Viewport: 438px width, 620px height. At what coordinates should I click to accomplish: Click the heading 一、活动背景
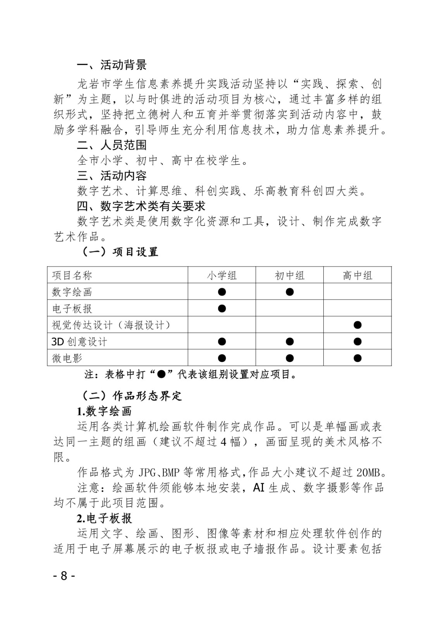coord(112,65)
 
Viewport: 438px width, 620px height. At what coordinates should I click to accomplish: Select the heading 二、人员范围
coord(112,145)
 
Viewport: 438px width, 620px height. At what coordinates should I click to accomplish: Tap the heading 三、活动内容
coord(112,176)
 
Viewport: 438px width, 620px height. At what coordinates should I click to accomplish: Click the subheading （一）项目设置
coord(120,252)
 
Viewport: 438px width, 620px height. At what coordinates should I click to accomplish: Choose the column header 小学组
coord(222,276)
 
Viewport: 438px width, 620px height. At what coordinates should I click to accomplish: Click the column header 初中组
coord(289,276)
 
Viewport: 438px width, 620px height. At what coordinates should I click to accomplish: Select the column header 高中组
coord(357,276)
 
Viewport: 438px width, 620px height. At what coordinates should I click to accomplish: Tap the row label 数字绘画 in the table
coord(72,292)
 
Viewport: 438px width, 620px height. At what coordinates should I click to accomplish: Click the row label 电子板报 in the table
coord(72,308)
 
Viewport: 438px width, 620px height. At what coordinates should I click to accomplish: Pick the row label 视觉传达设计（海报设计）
coord(112,325)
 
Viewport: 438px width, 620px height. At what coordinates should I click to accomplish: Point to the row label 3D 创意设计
coord(79,341)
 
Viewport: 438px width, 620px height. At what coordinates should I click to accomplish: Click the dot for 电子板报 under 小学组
coord(222,308)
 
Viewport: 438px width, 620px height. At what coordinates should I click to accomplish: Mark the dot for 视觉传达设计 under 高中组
coord(357,325)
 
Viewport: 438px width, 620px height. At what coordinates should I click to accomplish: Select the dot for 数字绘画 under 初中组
coord(289,292)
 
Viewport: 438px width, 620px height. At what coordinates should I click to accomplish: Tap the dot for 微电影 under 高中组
coord(357,358)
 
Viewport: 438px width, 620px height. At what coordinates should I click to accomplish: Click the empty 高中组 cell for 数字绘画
coord(357,292)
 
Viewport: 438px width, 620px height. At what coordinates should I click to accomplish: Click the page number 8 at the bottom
coord(64,575)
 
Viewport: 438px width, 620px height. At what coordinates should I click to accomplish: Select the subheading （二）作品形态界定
coord(131,396)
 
